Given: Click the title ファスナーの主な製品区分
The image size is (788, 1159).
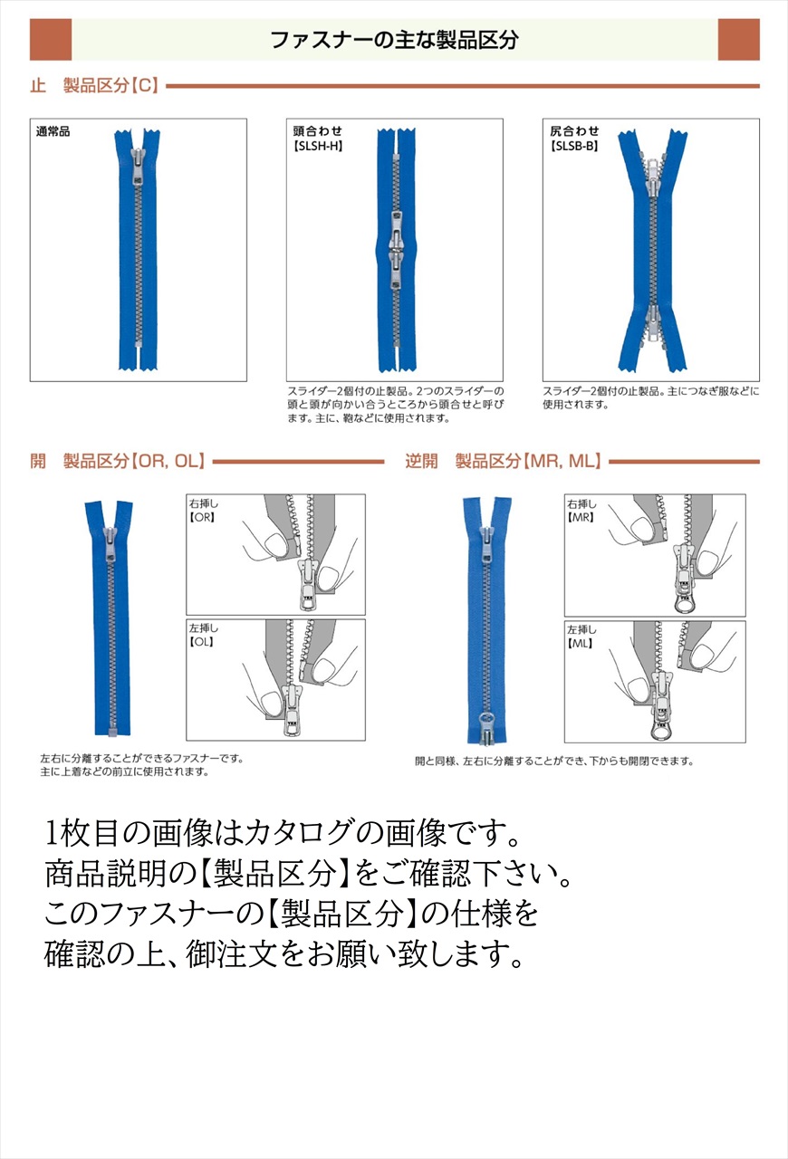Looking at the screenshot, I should (394, 40).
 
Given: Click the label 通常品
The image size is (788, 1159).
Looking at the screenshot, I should (53, 132).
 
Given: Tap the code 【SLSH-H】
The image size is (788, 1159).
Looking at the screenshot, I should (318, 145).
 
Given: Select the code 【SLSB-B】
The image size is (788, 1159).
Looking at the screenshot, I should (574, 145).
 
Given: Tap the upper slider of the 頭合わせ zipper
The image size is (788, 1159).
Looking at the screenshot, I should (395, 225).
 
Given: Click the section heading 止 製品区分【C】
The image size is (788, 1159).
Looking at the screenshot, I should (94, 86).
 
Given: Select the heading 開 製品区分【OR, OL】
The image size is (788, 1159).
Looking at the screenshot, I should (118, 462).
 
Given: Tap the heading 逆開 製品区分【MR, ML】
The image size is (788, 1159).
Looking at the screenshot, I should (504, 462).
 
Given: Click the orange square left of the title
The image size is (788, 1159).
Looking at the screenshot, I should (51, 40).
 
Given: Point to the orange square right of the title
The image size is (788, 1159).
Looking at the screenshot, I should (738, 40).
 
